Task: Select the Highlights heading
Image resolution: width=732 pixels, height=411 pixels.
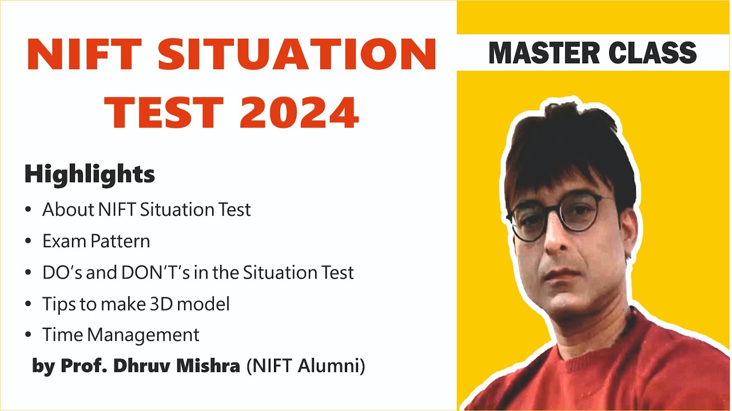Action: [89, 175]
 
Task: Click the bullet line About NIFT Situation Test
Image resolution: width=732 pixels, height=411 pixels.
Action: [146, 209]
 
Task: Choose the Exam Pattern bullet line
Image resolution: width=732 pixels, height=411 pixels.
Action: [96, 241]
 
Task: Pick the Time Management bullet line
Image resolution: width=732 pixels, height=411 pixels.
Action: [121, 335]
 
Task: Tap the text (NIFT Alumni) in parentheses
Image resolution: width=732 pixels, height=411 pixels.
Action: [305, 366]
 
